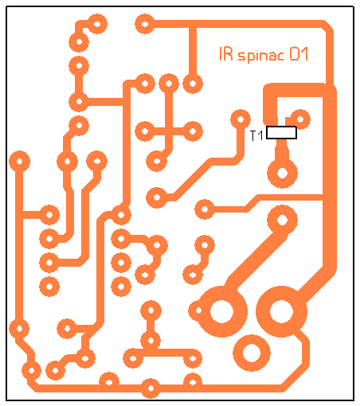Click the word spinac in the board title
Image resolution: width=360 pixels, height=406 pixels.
click(260, 56)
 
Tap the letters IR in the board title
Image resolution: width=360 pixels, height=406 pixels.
click(226, 54)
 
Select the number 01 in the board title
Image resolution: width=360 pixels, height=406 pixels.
click(299, 54)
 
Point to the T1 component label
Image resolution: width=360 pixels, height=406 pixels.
click(256, 135)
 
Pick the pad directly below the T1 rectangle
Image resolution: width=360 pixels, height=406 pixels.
click(282, 174)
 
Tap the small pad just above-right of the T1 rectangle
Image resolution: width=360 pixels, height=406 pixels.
click(300, 119)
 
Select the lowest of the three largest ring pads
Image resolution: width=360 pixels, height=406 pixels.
click(252, 353)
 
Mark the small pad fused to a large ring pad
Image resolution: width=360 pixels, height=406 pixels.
click(198, 310)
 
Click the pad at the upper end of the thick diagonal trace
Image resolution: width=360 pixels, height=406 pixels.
click(282, 220)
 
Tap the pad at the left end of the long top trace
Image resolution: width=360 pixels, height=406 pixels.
click(145, 24)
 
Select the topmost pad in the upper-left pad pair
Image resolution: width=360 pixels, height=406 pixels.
click(97, 24)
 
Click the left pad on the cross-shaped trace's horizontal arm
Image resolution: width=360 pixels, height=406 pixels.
click(145, 131)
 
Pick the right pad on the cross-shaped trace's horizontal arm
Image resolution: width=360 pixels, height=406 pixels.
click(193, 131)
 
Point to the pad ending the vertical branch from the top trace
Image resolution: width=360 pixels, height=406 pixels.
click(193, 84)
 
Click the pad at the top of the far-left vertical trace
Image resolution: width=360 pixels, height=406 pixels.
click(19, 161)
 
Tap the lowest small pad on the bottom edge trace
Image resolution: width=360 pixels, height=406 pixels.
click(151, 388)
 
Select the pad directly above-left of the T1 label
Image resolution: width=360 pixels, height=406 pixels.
click(241, 119)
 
